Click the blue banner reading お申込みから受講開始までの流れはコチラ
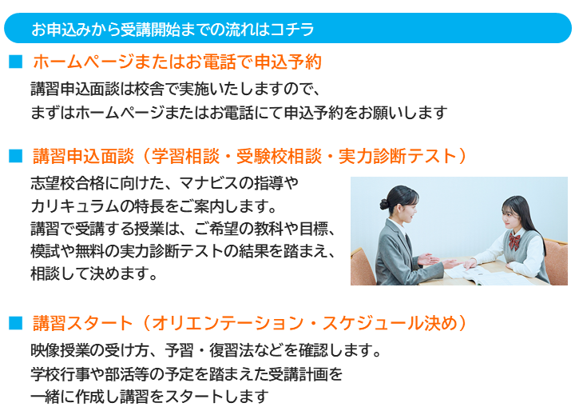coord(287,28)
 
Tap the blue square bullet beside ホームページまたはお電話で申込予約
coord(16,62)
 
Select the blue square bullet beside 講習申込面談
coord(16,156)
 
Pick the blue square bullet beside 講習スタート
coord(16,323)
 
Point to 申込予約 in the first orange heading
coord(287,62)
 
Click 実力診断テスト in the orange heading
coord(397,156)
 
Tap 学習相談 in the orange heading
coord(185,156)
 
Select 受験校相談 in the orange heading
coord(279,156)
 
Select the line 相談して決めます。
coord(94,273)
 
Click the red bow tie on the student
coord(514,241)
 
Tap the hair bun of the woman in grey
coord(383,204)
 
